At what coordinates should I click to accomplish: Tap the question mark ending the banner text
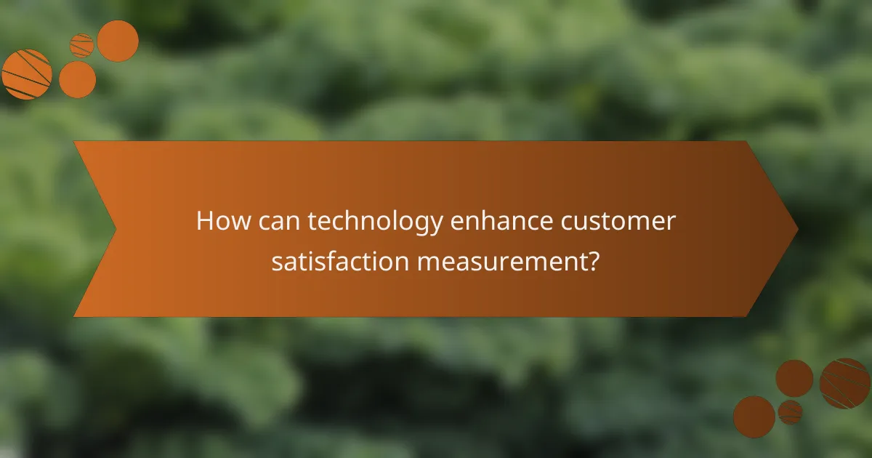[x=594, y=261]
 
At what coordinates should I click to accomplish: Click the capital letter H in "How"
[x=204, y=221]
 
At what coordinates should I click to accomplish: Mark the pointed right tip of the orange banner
[x=797, y=229]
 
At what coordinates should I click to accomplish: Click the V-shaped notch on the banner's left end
[x=116, y=229]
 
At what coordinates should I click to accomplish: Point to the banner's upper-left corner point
[x=74, y=142]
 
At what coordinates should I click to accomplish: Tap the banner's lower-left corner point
[x=74, y=316]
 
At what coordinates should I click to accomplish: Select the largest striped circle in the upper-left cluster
[x=27, y=74]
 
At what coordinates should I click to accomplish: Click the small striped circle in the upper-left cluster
[x=82, y=45]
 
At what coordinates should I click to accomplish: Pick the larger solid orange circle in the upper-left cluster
[x=118, y=41]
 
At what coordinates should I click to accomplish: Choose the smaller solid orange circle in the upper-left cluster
[x=77, y=79]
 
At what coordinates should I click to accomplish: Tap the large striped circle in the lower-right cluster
[x=845, y=383]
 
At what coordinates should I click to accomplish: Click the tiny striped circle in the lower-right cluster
[x=790, y=412]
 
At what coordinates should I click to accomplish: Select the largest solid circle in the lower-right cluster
[x=754, y=417]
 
